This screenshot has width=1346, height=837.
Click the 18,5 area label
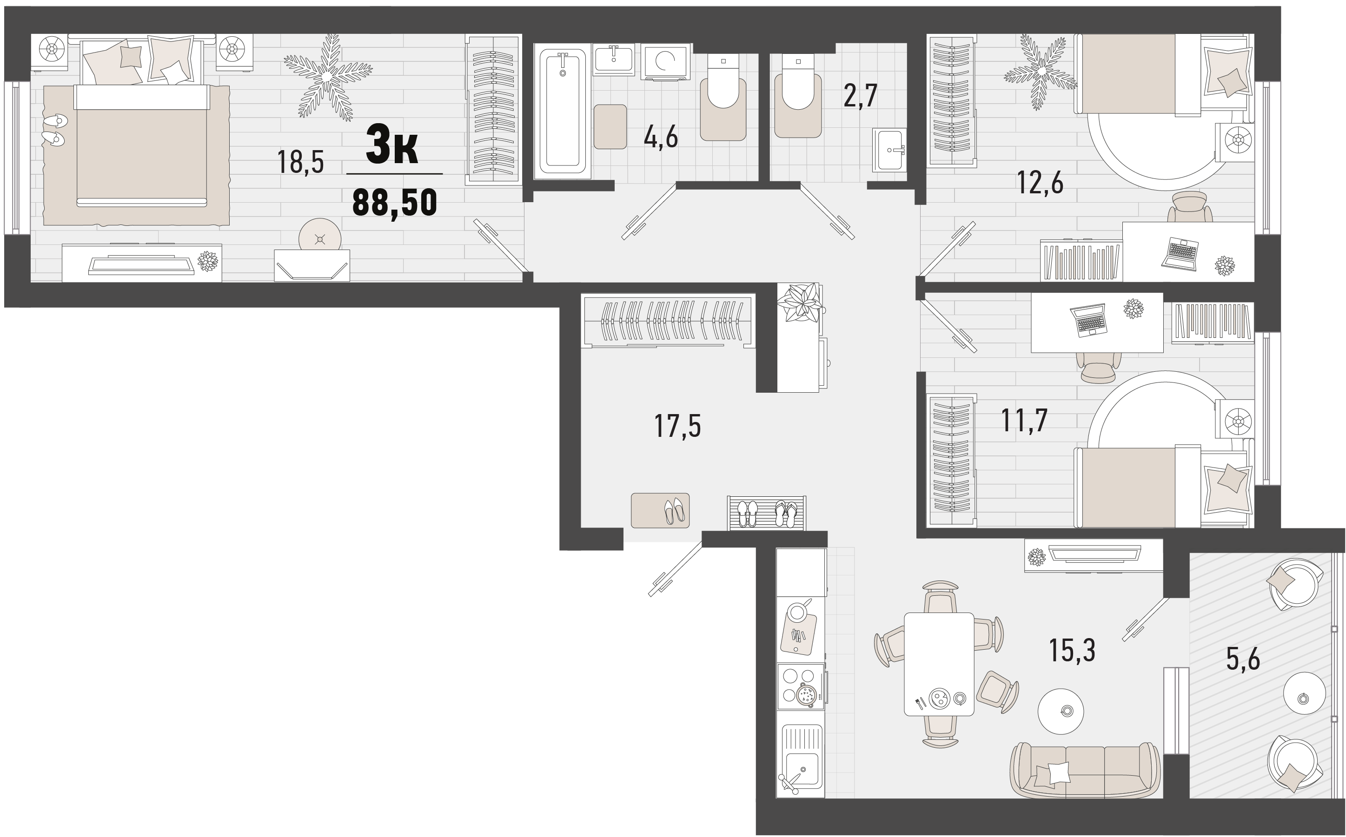300,162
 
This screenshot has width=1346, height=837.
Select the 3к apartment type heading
392,145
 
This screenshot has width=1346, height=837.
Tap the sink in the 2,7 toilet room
890,150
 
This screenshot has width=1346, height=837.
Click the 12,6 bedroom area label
1040,183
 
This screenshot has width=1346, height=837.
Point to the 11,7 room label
1024,420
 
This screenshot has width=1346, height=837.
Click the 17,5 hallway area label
678,426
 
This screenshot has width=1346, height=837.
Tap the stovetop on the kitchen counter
800,686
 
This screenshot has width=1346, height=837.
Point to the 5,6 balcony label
1242,659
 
